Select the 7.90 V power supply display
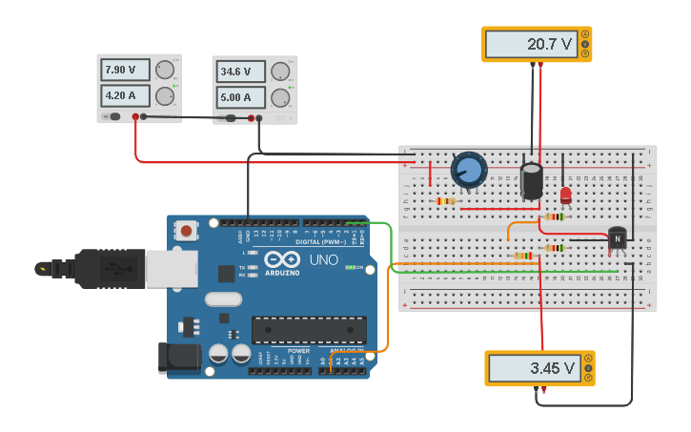[125, 71]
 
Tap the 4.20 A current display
[125, 95]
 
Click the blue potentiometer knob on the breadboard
[468, 171]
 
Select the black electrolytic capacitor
[532, 181]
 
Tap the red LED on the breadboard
[565, 195]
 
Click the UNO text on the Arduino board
[316, 259]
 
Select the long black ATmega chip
[308, 330]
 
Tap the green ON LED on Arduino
[350, 267]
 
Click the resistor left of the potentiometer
[445, 201]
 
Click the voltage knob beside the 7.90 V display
[165, 70]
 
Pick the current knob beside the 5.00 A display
[280, 97]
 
